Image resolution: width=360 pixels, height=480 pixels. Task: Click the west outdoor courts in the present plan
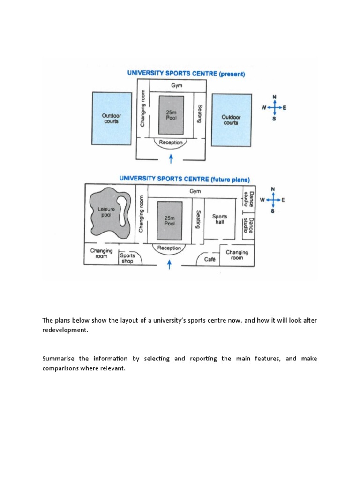(112, 118)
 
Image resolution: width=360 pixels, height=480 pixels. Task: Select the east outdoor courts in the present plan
(230, 119)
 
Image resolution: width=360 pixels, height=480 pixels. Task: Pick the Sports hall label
(219, 219)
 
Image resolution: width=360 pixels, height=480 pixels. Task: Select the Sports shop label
(127, 258)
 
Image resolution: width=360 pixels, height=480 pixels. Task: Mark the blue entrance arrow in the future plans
(170, 265)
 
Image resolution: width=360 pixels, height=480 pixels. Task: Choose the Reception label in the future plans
(169, 247)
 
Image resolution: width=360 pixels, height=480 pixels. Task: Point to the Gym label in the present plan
(176, 86)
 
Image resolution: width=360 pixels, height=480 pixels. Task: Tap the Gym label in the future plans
(195, 191)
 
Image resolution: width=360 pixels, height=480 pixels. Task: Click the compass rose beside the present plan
(274, 108)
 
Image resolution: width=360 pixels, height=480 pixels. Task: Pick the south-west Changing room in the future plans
(102, 254)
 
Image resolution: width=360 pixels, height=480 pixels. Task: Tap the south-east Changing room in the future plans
(237, 255)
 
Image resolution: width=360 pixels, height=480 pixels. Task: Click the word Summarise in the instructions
(59, 359)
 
